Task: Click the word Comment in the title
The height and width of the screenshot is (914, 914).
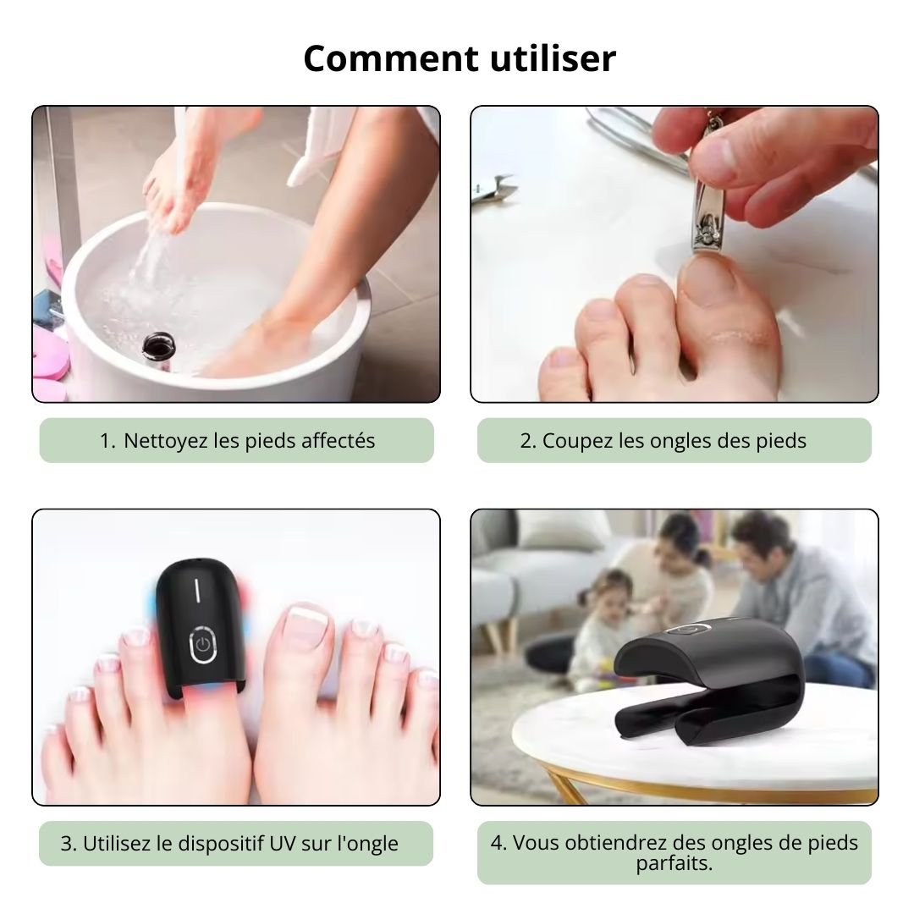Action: tap(391, 59)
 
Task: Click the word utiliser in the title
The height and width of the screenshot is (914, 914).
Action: tap(553, 58)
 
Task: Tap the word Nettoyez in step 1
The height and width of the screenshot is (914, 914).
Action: tap(166, 441)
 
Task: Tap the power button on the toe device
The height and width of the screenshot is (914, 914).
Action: tap(203, 644)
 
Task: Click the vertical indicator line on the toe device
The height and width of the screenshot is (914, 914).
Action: tap(197, 589)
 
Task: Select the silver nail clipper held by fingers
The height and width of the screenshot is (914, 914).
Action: tap(709, 198)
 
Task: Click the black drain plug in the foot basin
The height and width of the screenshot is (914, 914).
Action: tap(158, 348)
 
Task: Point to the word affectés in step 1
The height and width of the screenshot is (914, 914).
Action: tap(338, 441)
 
